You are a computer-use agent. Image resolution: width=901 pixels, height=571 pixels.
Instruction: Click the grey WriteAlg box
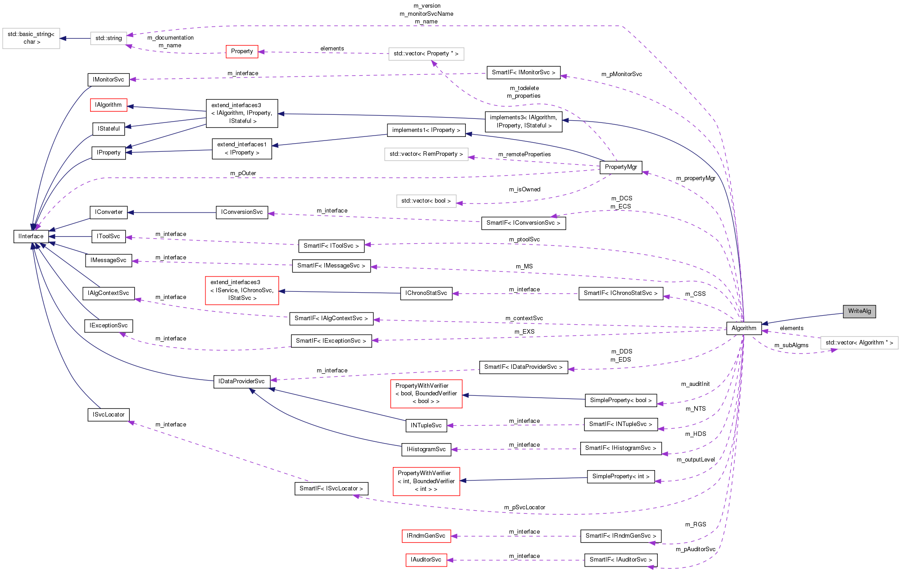[x=859, y=311]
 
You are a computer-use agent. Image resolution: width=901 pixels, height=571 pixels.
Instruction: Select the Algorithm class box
[x=744, y=328]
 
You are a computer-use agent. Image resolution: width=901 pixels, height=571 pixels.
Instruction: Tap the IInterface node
[x=31, y=236]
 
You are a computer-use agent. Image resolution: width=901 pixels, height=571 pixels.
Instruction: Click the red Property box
[x=242, y=51]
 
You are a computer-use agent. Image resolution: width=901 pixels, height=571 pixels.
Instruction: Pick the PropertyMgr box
[x=621, y=167]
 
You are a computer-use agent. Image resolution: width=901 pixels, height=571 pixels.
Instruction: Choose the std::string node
[x=109, y=38]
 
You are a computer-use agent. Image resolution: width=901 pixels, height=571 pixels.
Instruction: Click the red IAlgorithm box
[x=109, y=105]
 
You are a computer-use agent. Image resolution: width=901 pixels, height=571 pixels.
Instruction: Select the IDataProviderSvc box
[x=241, y=381]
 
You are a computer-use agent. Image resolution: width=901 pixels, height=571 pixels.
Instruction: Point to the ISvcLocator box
[x=109, y=415]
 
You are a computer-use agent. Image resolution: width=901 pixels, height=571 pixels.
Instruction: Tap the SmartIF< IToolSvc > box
[x=331, y=246]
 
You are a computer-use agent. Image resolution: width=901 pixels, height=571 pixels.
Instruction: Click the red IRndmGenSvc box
[x=426, y=536]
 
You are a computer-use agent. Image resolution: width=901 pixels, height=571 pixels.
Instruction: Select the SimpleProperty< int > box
[x=621, y=476]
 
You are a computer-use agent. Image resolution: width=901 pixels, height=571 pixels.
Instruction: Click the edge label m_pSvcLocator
[x=524, y=508]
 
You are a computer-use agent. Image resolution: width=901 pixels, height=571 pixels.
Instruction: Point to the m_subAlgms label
[x=791, y=345]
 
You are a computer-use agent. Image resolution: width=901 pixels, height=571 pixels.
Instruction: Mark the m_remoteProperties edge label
[x=524, y=154]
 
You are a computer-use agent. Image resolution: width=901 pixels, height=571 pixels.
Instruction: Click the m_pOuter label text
[x=243, y=173]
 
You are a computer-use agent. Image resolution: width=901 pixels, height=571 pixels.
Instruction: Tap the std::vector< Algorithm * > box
[x=859, y=343]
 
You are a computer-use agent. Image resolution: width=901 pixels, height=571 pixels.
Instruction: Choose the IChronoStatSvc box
[x=426, y=293]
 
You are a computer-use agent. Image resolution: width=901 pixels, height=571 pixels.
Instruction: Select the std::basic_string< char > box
[x=31, y=38]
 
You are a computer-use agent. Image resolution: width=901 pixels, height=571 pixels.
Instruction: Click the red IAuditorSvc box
[x=426, y=560]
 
